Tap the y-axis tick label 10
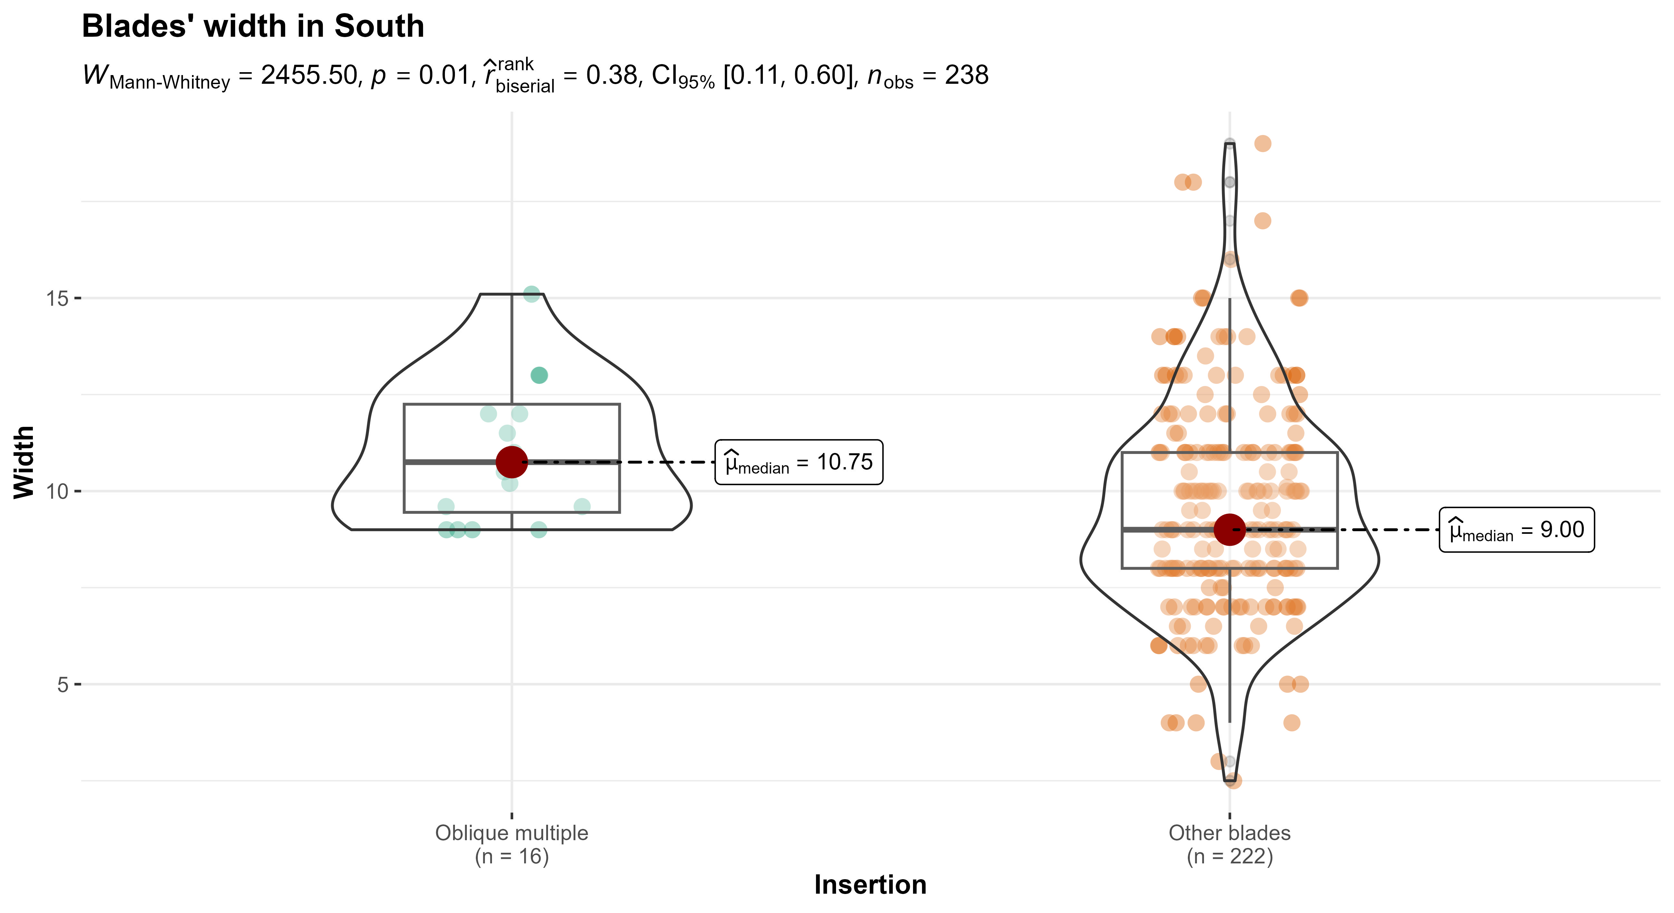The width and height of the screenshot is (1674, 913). click(57, 491)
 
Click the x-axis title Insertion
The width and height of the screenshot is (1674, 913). click(870, 884)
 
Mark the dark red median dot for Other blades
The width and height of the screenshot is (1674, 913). click(1229, 530)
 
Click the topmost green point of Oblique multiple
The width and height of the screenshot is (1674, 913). click(532, 294)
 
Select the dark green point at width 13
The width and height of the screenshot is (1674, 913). click(539, 375)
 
